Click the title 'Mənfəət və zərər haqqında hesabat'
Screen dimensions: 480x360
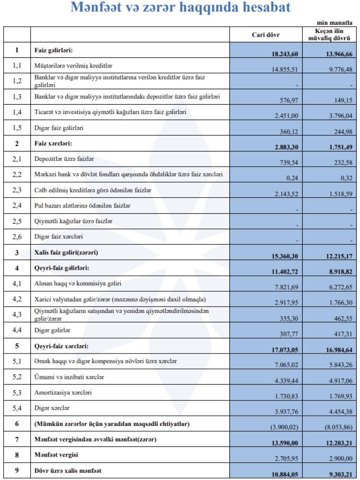(x=180, y=8)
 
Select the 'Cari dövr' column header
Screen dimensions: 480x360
(x=266, y=35)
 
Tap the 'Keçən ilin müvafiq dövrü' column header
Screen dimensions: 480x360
(x=329, y=35)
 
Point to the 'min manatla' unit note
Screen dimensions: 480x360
(x=334, y=23)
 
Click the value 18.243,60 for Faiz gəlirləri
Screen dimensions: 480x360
(x=285, y=54)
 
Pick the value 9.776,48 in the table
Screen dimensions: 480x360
(x=341, y=69)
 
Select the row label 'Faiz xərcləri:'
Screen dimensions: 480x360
(x=53, y=143)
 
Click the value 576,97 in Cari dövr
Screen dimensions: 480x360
(x=289, y=100)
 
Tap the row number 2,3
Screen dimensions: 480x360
(x=17, y=190)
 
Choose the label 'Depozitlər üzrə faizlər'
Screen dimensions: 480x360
(x=64, y=159)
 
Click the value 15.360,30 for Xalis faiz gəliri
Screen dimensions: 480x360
(x=285, y=256)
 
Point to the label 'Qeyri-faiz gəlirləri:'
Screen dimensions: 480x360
(x=62, y=268)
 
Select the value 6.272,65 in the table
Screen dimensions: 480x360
(x=341, y=287)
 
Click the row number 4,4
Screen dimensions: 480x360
(x=17, y=330)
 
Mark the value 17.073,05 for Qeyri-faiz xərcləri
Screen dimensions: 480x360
(x=285, y=350)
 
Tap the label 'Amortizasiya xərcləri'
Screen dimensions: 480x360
(x=63, y=392)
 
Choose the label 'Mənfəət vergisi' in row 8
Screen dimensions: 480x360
(x=56, y=455)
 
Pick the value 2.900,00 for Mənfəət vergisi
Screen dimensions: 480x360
(x=341, y=458)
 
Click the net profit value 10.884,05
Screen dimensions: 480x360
(x=285, y=475)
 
